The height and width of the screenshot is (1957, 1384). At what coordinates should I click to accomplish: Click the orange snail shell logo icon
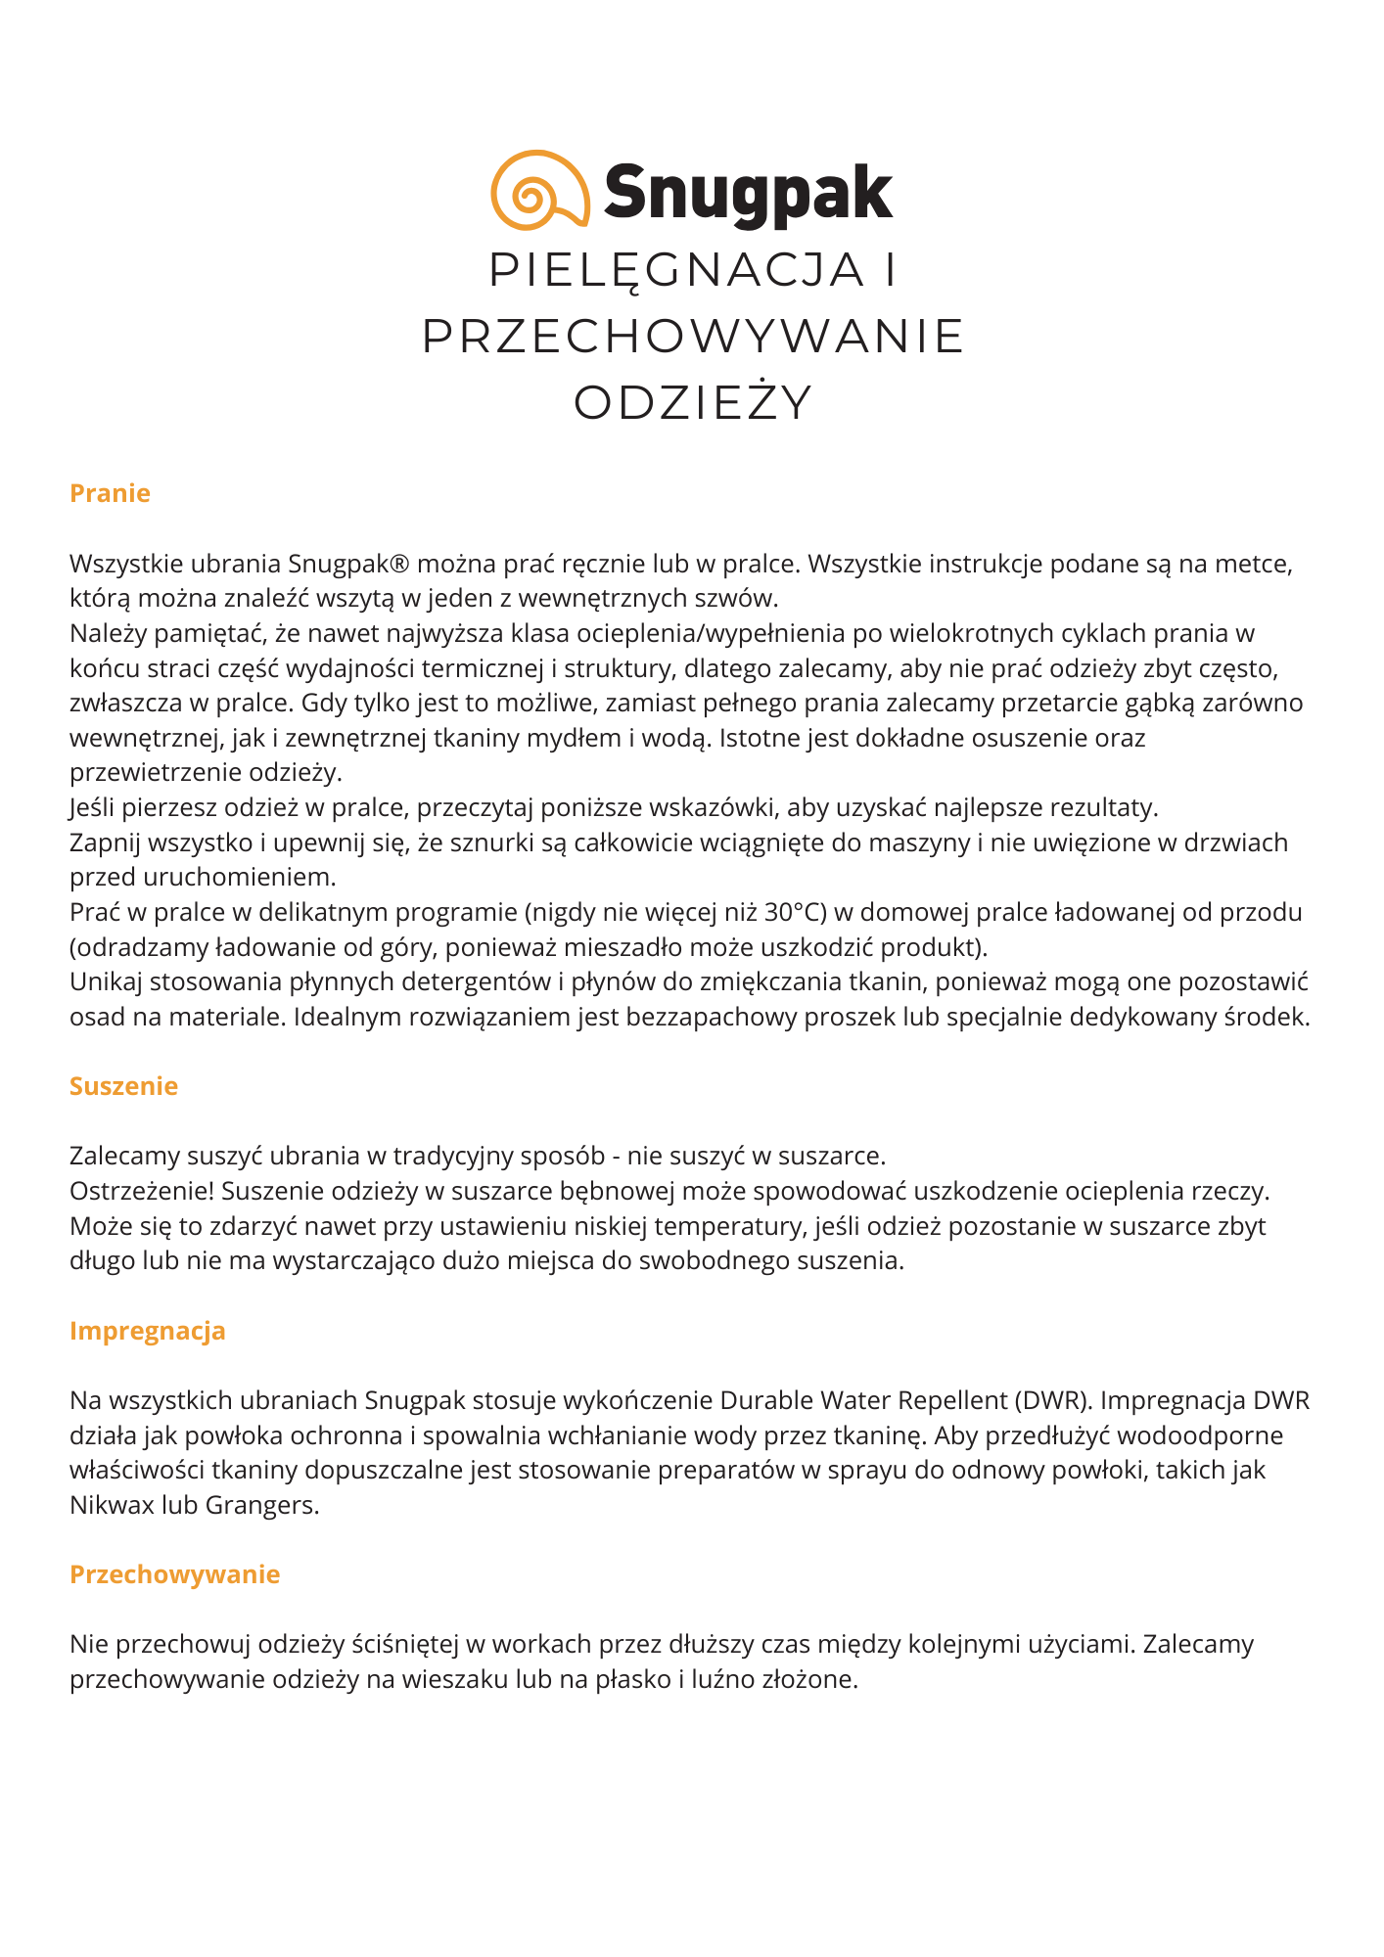tap(539, 190)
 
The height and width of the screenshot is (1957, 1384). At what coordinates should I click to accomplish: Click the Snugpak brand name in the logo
tap(748, 192)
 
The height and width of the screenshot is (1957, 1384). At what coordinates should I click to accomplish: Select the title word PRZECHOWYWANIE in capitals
tap(693, 337)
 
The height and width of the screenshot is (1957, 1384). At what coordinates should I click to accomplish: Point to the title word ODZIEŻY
tap(693, 402)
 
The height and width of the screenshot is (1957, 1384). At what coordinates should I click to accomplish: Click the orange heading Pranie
tap(110, 493)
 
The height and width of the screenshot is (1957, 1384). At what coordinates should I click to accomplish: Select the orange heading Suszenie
tap(123, 1086)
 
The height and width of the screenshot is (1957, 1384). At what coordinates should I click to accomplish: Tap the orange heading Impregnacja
tap(147, 1331)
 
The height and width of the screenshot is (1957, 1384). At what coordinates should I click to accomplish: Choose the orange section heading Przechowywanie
tap(174, 1574)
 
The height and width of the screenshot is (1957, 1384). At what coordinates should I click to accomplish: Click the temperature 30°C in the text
tap(795, 913)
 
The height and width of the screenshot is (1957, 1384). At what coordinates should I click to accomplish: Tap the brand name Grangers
tap(261, 1505)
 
